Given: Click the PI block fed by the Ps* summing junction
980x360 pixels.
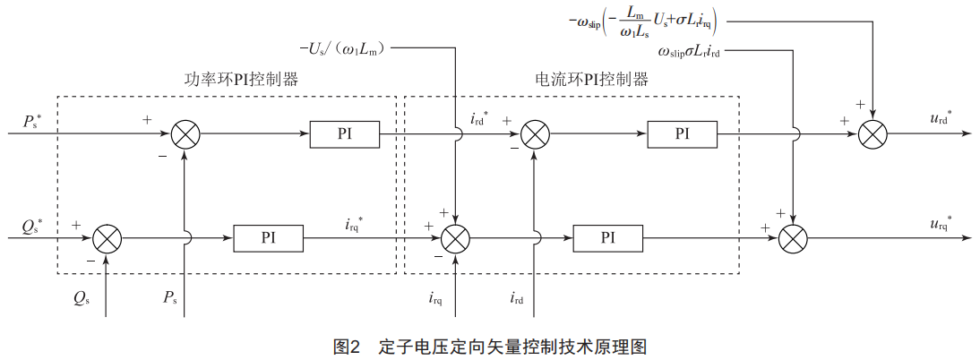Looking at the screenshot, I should [345, 134].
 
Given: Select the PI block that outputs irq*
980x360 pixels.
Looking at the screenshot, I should [269, 238].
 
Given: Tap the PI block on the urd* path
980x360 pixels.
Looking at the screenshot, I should [683, 134].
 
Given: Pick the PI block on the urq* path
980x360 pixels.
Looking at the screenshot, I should [608, 238].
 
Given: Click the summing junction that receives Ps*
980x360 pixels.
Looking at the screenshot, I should [185, 134].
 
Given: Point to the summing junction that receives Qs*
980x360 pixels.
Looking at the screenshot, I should [107, 239].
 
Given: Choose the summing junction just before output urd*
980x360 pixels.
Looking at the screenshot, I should [873, 134].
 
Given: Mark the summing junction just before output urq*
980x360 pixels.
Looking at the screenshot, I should [794, 239].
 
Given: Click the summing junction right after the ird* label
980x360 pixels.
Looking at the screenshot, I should [535, 134].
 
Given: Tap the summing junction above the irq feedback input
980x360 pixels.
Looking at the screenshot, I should [456, 239].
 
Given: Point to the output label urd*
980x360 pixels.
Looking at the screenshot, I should [941, 119].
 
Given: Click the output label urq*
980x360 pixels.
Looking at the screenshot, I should [941, 223].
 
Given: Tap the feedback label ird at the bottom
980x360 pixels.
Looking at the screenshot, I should [518, 296].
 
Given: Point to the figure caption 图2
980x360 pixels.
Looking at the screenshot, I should [346, 347].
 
